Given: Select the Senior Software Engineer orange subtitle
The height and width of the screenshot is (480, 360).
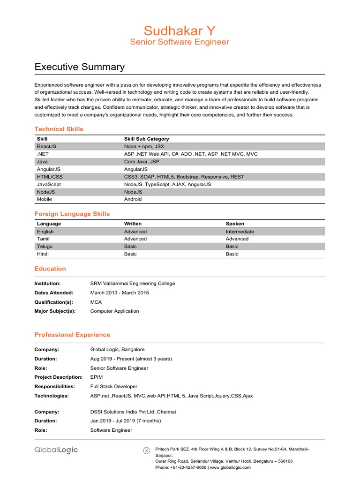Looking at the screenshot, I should coord(180,42).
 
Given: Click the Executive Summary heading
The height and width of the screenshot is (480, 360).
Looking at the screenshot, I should coord(80,67).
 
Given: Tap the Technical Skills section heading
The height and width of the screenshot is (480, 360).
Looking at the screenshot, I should coord(59,129).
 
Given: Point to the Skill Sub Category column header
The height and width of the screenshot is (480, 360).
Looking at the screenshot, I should coord(146,139).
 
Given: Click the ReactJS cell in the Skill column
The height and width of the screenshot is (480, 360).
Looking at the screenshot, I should coord(46,146).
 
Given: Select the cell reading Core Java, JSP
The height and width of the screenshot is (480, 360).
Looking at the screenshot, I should coord(142,162).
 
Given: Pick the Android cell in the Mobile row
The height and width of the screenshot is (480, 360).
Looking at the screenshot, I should coord(133,199).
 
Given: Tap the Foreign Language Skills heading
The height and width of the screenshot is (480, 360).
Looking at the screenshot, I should coord(72,214).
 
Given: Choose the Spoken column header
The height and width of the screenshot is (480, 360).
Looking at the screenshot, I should coord(235,224).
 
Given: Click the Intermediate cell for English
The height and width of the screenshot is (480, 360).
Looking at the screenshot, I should coord(240,232).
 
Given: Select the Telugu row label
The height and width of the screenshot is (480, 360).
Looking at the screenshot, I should coord(45,247).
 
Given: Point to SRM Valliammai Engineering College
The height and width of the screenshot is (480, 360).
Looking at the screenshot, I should coord(132,284).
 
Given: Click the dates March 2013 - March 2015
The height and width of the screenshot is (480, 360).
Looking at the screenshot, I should coord(120,293).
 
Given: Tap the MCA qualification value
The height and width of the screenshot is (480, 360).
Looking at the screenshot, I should coord(96,302).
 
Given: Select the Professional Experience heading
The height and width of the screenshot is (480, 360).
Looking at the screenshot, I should coord(72,335).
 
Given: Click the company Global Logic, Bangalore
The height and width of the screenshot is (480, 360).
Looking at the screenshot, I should coord(117,350).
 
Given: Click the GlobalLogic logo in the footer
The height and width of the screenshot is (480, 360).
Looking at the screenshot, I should coord(56,450).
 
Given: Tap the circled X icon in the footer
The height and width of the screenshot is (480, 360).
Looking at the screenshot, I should coord(146,450).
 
